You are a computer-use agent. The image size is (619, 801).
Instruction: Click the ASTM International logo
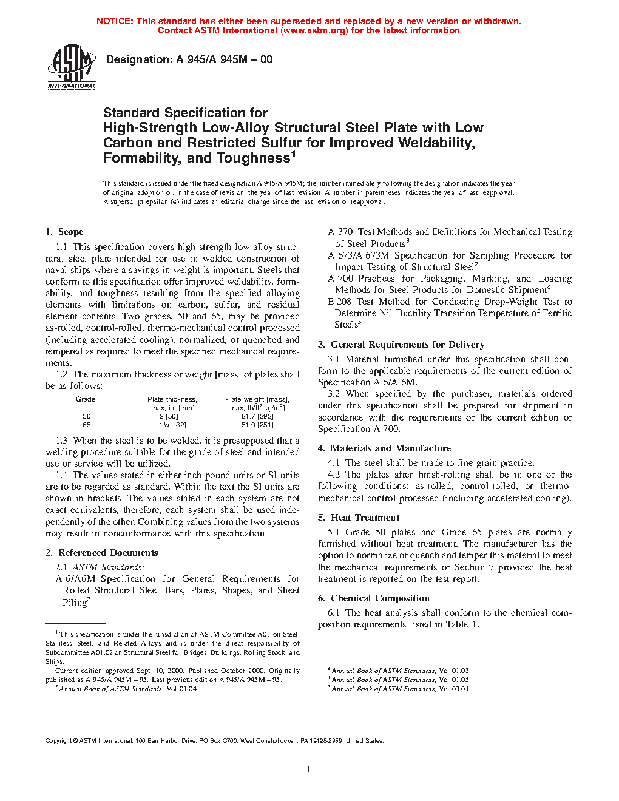coord(71,67)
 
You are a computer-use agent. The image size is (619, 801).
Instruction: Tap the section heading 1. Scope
coord(64,232)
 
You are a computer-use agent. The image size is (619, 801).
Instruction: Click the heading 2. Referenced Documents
coord(102,553)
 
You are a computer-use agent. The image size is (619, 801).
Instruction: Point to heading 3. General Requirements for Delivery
coord(401,345)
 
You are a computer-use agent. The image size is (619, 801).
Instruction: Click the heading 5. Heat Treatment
coord(359,518)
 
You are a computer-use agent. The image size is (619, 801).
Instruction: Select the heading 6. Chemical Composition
coord(373,598)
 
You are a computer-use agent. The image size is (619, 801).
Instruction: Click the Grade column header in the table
coord(86,399)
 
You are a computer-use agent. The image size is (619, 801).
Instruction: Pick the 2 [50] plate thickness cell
coord(169,416)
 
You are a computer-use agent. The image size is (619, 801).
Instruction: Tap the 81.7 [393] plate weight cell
coord(257,416)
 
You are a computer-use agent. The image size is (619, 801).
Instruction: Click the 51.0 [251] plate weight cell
coord(257,425)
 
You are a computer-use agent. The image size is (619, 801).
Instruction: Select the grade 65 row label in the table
coord(87,425)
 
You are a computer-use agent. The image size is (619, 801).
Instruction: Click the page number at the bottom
coord(309,770)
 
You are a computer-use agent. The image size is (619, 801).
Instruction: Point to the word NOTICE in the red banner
coord(115,21)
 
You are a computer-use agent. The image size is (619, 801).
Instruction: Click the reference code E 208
coord(340,302)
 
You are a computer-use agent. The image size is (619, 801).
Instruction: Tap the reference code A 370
coord(340,232)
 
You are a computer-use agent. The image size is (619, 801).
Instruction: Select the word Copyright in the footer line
coord(59,740)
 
